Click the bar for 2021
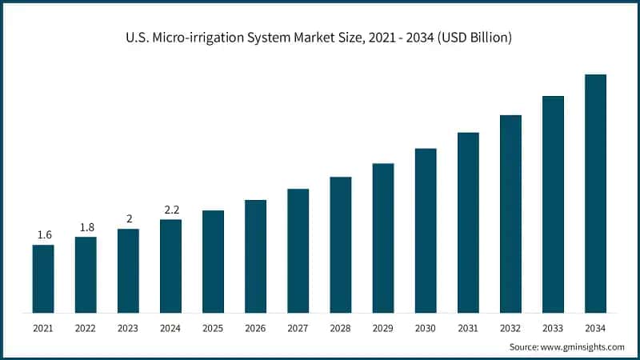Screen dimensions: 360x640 point(43,278)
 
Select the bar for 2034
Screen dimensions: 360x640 point(595,193)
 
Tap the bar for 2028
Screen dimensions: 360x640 point(341,244)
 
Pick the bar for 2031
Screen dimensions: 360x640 point(468,222)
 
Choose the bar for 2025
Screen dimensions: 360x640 point(213,261)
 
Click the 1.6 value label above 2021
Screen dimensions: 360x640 point(44,234)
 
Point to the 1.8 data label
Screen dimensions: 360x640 point(86,227)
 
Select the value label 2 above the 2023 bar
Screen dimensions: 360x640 point(128,219)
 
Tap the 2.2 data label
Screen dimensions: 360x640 point(170,210)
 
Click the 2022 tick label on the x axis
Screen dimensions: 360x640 point(86,328)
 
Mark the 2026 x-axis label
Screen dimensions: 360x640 point(255,328)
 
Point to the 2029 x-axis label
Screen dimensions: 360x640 point(383,328)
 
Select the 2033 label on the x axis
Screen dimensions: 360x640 point(553,328)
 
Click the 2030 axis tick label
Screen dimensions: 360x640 point(426,328)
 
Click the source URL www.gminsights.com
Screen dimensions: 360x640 point(583,346)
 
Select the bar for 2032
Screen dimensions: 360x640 point(510,214)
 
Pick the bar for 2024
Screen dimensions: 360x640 point(170,266)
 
